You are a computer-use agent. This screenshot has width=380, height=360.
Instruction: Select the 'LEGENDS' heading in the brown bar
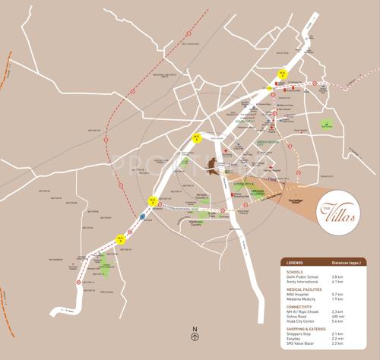(296, 262)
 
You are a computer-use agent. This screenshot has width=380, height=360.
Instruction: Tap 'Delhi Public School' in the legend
(302, 276)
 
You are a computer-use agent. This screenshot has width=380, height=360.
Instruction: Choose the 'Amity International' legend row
(302, 282)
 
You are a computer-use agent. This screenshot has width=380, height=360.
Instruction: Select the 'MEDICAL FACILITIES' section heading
(305, 288)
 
